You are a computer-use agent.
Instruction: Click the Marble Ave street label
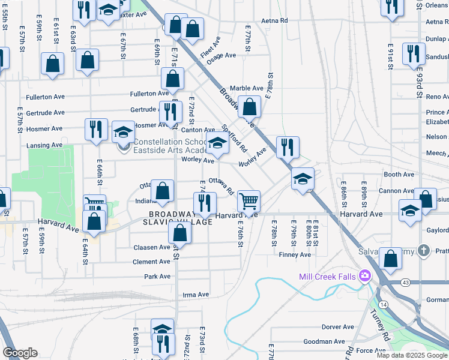pyautogui.click(x=247, y=88)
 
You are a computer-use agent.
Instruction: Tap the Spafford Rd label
pyautogui.click(x=235, y=137)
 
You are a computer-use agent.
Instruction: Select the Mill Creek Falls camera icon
pyautogui.click(x=364, y=276)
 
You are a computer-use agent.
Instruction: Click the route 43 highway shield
pyautogui.click(x=389, y=282)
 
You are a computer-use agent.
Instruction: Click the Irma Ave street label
pyautogui.click(x=195, y=295)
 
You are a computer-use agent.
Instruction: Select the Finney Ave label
pyautogui.click(x=295, y=254)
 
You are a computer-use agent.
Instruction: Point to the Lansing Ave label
pyautogui.click(x=44, y=145)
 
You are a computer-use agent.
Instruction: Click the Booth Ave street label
pyautogui.click(x=399, y=175)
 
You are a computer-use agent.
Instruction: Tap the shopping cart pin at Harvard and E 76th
pyautogui.click(x=249, y=201)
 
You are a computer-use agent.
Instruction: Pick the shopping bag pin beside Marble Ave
pyautogui.click(x=250, y=107)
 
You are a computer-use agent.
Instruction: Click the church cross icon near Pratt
pyautogui.click(x=424, y=250)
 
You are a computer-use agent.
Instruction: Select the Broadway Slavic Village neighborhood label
pyautogui.click(x=181, y=218)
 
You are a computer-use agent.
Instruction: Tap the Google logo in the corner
pyautogui.click(x=20, y=353)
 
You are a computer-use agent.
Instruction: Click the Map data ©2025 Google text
pyautogui.click(x=411, y=355)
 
